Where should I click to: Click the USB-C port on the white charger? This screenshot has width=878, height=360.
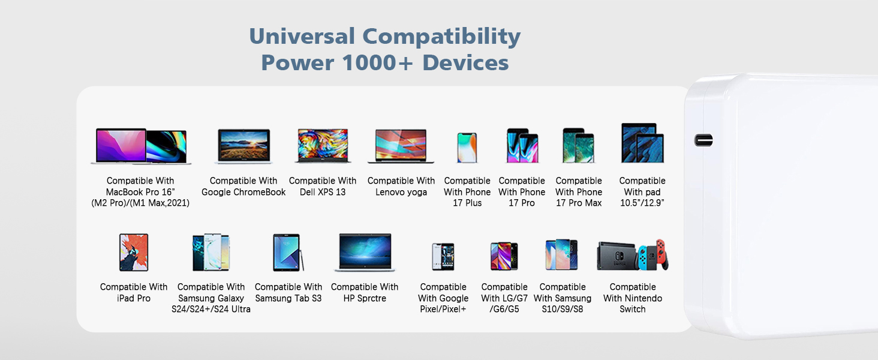pos(703,140)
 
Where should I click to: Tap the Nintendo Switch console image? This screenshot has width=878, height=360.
pos(633,256)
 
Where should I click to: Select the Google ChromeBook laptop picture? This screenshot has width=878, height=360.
pos(243,146)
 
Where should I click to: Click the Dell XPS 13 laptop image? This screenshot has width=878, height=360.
pos(323,145)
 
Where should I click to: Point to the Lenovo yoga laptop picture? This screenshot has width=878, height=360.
pos(401,146)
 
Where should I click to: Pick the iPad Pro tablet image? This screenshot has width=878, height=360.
pos(134,253)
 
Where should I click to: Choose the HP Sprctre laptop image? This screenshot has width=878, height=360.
pos(365,253)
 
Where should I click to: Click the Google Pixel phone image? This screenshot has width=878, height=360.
pos(443,256)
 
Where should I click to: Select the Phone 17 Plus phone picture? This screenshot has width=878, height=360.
pos(467,147)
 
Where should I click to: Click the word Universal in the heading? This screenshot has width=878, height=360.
pos(302,37)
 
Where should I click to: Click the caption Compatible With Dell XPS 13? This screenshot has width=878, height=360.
pos(323,186)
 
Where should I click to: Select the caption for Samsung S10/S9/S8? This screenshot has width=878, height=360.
pos(562,298)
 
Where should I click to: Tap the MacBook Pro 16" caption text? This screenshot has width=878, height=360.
pos(140,192)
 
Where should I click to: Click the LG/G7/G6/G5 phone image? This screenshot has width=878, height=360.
pos(504,256)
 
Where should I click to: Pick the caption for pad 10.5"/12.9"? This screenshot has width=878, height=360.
pos(642,192)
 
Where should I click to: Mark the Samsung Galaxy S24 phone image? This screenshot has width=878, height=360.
pos(211,253)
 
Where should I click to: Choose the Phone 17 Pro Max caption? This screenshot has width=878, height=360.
pos(579,192)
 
